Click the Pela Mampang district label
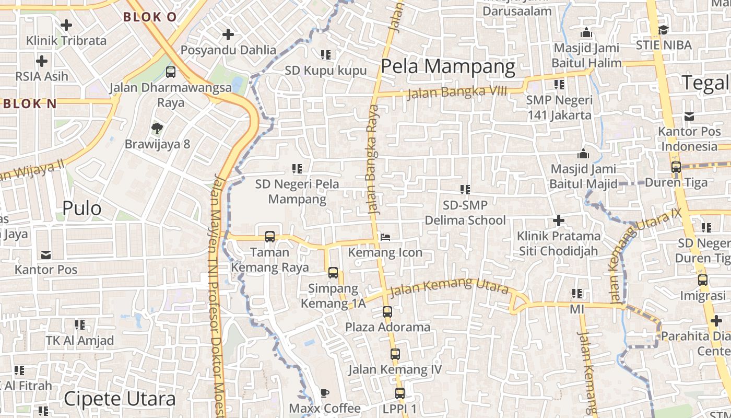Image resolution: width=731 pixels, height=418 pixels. pos(448,67)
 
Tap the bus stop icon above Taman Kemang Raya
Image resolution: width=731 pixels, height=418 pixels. pos(270,236)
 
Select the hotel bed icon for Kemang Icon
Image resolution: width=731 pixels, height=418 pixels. pos(385,238)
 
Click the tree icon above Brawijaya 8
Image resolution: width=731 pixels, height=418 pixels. pos(156,128)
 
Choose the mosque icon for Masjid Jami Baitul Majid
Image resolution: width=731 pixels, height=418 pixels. pos(583,154)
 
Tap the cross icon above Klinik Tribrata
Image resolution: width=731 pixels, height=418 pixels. pos(66,25)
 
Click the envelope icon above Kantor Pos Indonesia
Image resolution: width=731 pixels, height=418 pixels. pos(689,116)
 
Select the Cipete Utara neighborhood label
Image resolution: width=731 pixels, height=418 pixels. pos(120,399)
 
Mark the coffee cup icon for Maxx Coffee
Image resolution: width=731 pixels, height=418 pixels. pos(325,392)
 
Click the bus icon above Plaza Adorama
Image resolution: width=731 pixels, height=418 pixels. pos(387,311)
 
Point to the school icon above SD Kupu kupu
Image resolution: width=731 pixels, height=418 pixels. pos(326,54)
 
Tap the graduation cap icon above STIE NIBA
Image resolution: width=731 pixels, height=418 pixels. pos(663,30)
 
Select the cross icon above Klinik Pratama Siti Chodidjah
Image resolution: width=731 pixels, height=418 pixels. pos(559,220)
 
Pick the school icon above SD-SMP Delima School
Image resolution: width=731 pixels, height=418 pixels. pos(465,189)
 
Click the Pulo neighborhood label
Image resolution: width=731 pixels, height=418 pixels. pos(82,208)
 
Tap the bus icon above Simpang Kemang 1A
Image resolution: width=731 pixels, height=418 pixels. pos(333,272)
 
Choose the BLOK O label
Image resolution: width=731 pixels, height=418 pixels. pos(150,17)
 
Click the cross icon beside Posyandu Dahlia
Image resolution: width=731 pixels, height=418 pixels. pos(228,34)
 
